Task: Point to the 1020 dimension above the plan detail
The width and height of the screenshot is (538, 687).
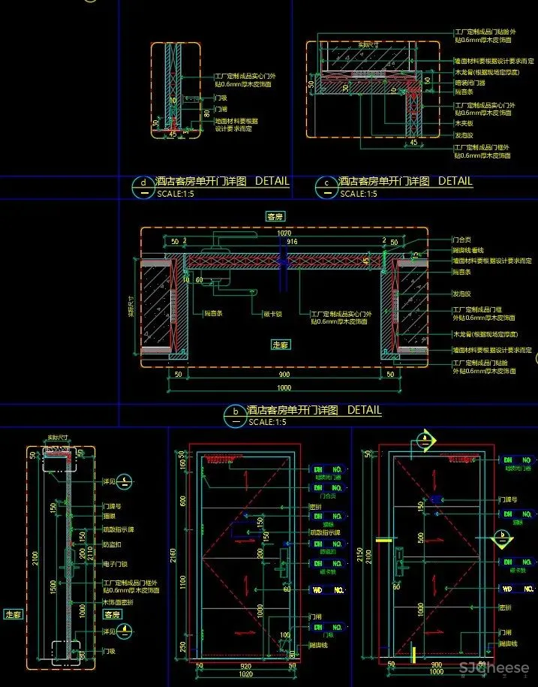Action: tap(284, 234)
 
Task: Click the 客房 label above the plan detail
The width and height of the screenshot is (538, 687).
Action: tap(276, 216)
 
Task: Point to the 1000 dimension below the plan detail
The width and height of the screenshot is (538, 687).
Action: tap(284, 388)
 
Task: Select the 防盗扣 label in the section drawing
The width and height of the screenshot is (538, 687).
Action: tap(112, 544)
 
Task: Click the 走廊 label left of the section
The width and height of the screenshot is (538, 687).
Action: tap(14, 614)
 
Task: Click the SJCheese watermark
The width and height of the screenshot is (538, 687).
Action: tap(494, 667)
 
